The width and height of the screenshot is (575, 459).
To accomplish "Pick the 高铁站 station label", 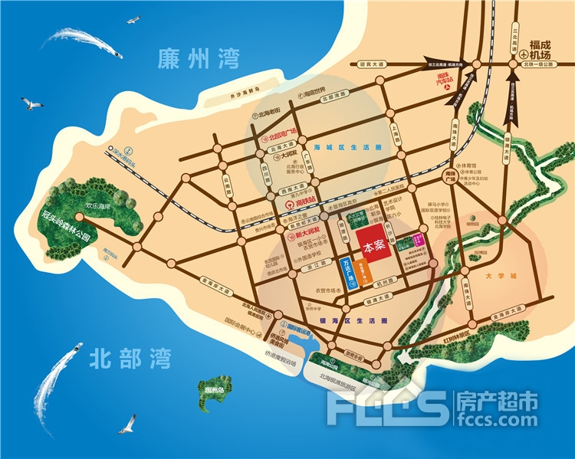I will tap(298, 205).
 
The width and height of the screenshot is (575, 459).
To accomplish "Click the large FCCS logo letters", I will tap(387, 407).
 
